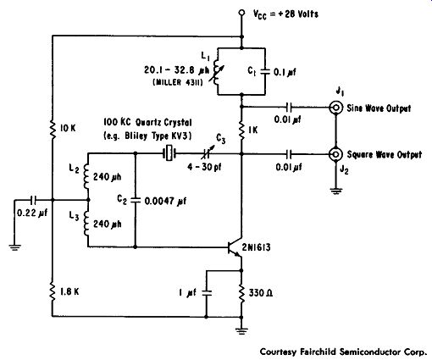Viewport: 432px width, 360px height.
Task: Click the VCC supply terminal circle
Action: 241,13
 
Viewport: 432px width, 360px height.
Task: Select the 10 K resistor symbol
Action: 53,129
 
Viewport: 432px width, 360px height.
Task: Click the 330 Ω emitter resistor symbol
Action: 241,293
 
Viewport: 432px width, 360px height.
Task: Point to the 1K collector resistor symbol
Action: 241,130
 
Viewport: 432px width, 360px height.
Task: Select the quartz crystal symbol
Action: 169,154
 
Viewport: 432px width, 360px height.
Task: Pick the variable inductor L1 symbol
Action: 219,72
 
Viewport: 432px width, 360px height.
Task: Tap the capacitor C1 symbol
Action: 264,72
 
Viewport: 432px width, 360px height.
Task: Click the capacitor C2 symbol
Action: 136,200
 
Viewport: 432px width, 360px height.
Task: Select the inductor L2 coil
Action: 87,177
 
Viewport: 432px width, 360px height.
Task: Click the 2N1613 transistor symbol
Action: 235,247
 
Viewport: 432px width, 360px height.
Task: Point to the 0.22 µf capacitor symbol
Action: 33,200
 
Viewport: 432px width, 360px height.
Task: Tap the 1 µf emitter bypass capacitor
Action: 207,293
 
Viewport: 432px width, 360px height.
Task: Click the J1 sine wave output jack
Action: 335,108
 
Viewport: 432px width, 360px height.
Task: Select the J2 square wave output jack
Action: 335,154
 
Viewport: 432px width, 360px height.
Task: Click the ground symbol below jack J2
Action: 336,191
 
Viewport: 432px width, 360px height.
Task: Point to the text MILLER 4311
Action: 178,82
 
